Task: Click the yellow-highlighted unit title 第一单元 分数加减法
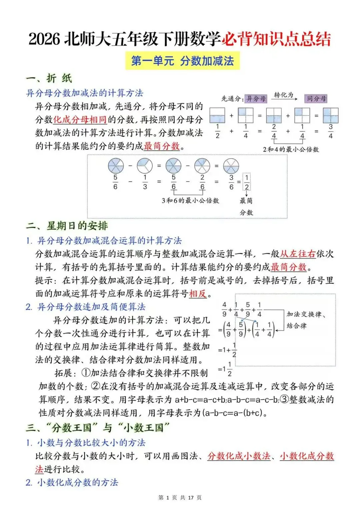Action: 182,61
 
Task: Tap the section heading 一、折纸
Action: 49,78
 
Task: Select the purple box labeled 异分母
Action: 256,99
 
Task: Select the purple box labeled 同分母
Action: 316,99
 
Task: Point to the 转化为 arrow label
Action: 284,95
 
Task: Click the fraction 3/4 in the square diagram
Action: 330,131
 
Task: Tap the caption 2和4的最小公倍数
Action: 291,149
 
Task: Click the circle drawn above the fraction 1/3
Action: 145,166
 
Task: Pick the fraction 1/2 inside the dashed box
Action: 247,182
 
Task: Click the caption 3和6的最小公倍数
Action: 190,201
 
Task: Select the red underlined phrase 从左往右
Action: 298,254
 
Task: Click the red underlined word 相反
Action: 198,294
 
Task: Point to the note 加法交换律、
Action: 306,314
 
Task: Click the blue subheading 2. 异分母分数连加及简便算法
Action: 86,307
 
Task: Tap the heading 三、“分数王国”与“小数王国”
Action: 98,427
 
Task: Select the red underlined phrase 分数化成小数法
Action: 239,456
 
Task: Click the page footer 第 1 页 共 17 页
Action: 180,498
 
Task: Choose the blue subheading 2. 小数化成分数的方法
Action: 72,482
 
